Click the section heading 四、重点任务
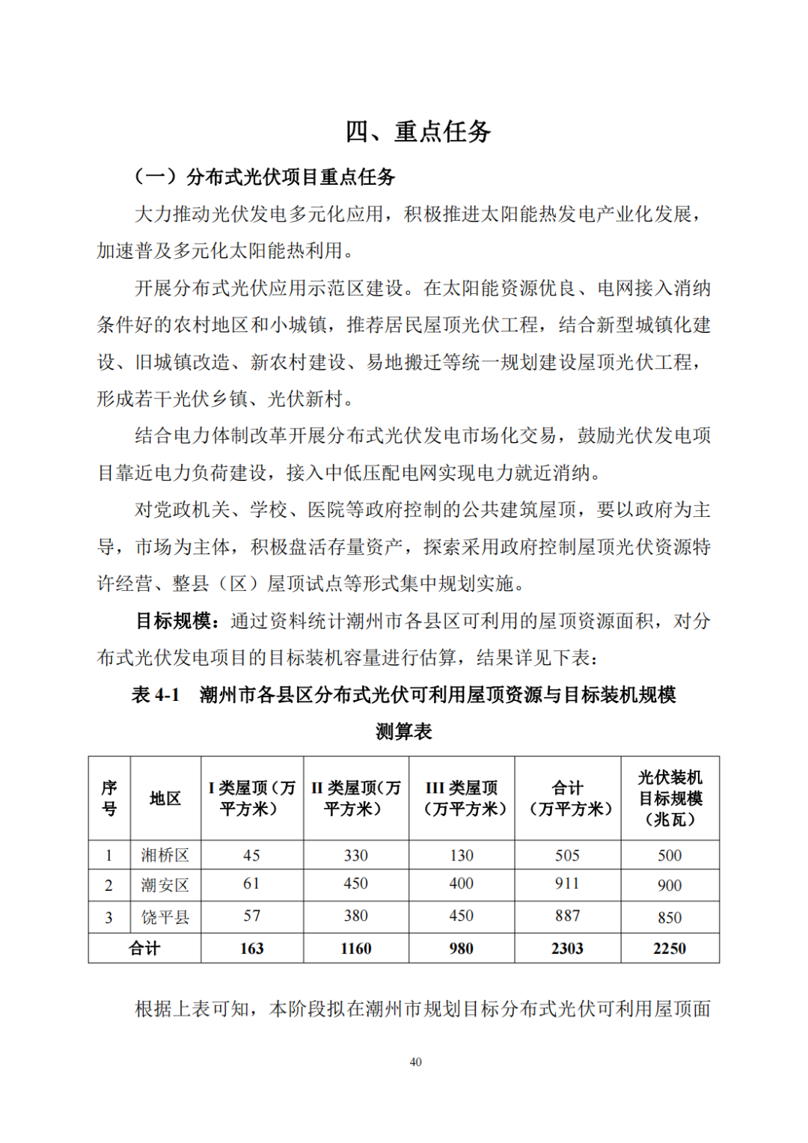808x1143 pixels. pyautogui.click(x=417, y=132)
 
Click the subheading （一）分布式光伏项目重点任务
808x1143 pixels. pyautogui.click(x=264, y=177)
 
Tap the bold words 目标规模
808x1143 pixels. pyautogui.click(x=177, y=621)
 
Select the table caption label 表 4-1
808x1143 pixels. pyautogui.click(x=156, y=695)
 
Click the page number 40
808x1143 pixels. pyautogui.click(x=416, y=1061)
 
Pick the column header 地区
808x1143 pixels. pyautogui.click(x=165, y=798)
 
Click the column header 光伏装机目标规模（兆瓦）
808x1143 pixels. pyautogui.click(x=670, y=798)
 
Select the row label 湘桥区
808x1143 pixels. pyautogui.click(x=165, y=855)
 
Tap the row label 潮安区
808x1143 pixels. pyautogui.click(x=165, y=886)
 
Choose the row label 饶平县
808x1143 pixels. pyautogui.click(x=165, y=917)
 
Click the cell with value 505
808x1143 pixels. pyautogui.click(x=567, y=855)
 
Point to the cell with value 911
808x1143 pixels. pyautogui.click(x=567, y=883)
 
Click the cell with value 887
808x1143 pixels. pyautogui.click(x=567, y=916)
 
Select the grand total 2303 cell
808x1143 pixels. pyautogui.click(x=567, y=949)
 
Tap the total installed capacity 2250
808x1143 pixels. pyautogui.click(x=670, y=949)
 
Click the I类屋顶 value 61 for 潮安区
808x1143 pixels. pyautogui.click(x=251, y=883)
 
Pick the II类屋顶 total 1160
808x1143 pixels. pyautogui.click(x=356, y=949)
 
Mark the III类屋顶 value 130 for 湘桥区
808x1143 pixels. pyautogui.click(x=462, y=855)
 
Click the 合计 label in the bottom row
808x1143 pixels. pyautogui.click(x=144, y=949)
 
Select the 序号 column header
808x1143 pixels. pyautogui.click(x=109, y=798)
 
